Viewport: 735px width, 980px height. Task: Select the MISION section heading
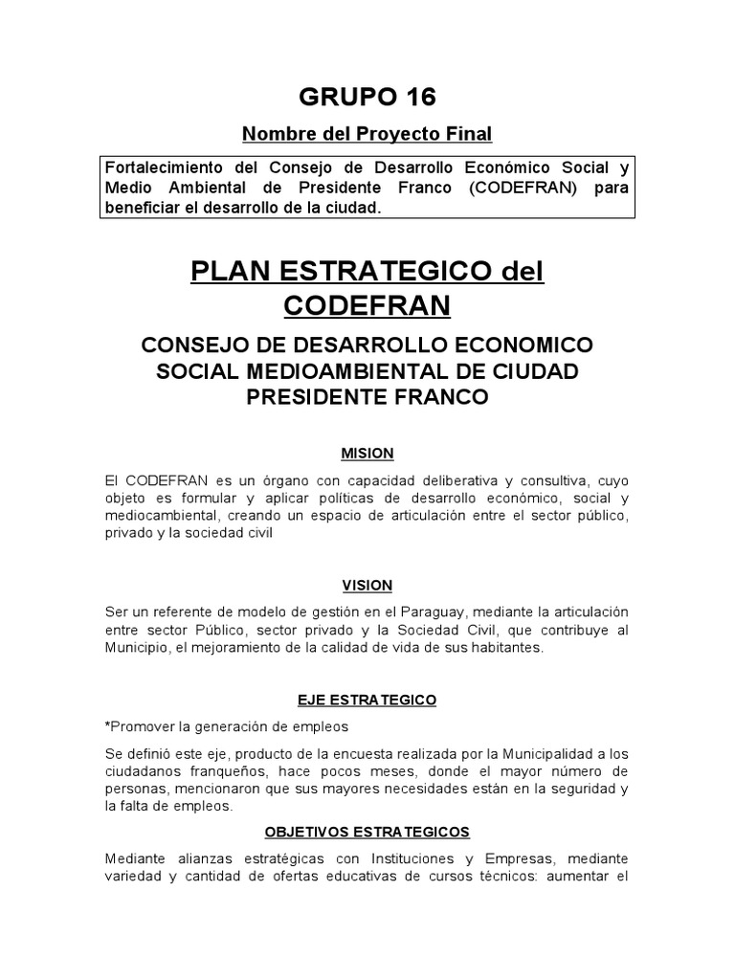pyautogui.click(x=367, y=453)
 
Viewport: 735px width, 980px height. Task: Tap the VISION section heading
pyautogui.click(x=367, y=585)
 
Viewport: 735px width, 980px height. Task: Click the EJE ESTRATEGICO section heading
pyautogui.click(x=367, y=700)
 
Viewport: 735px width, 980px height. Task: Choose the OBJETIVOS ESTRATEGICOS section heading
pyautogui.click(x=367, y=832)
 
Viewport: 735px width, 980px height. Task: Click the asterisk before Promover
pyautogui.click(x=108, y=725)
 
